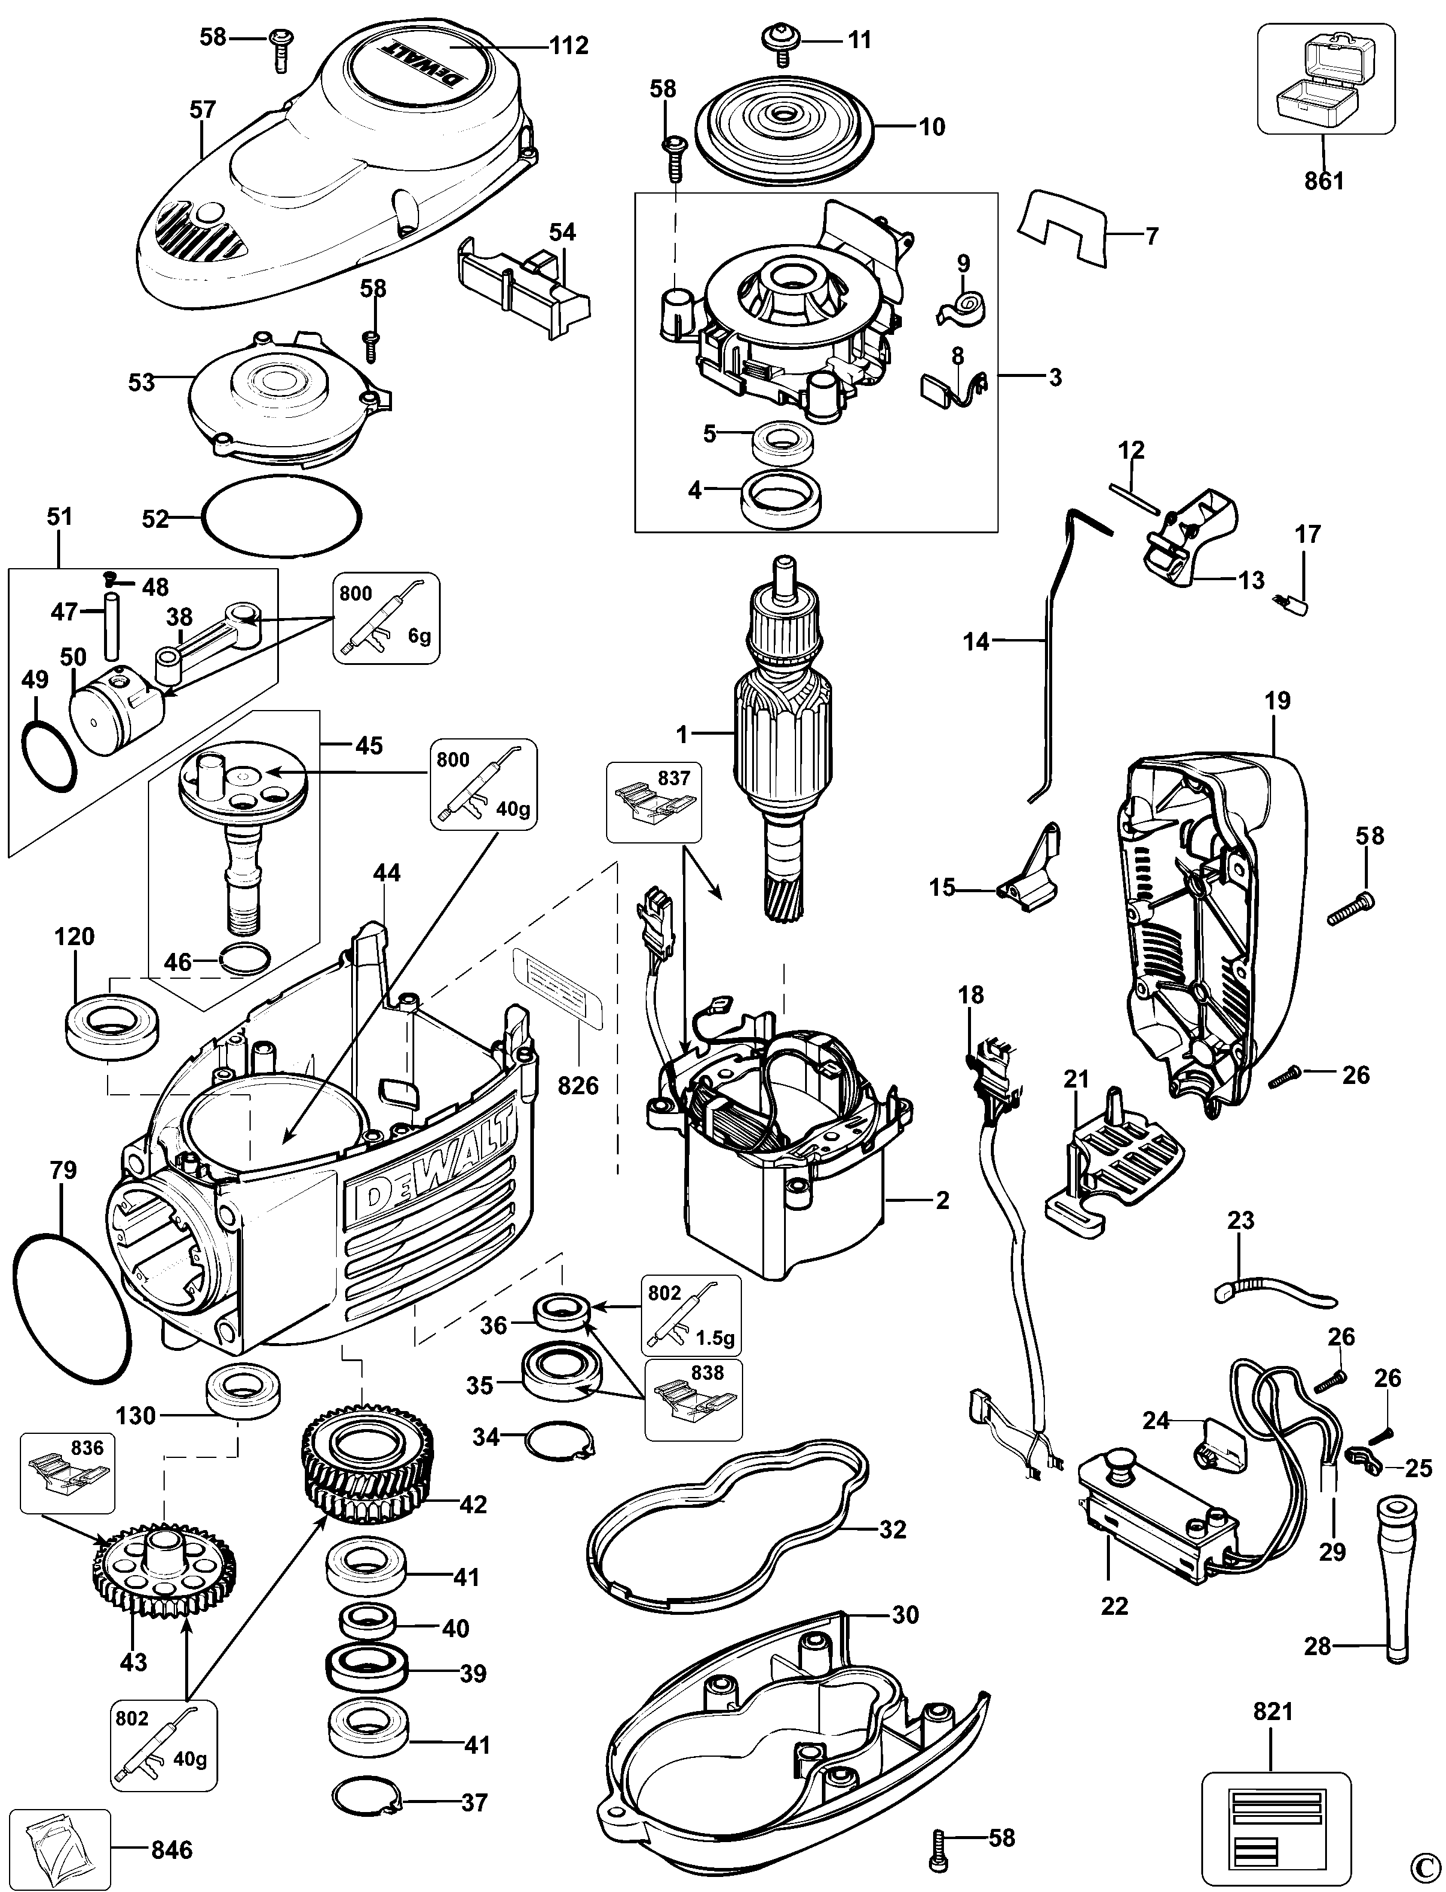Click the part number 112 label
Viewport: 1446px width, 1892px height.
[x=570, y=46]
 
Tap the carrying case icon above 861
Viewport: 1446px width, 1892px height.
[x=1326, y=78]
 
